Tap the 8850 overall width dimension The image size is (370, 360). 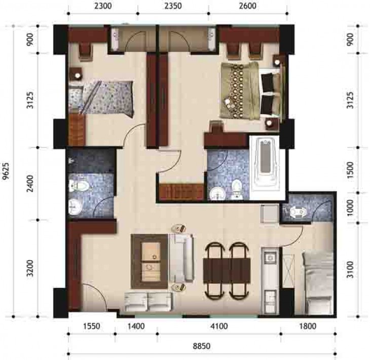(202, 346)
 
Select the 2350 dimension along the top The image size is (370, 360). (173, 6)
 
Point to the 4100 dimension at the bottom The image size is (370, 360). (219, 326)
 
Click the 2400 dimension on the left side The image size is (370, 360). (30, 184)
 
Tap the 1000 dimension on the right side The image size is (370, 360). (351, 208)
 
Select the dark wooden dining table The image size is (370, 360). (227, 270)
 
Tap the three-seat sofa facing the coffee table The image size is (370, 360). (183, 258)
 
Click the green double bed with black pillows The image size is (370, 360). (252, 91)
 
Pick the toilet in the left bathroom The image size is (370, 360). (79, 186)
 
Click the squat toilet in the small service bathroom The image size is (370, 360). (298, 212)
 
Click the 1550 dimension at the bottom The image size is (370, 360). (92, 326)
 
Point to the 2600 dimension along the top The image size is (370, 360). (247, 6)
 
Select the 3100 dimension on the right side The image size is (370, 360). (351, 270)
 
